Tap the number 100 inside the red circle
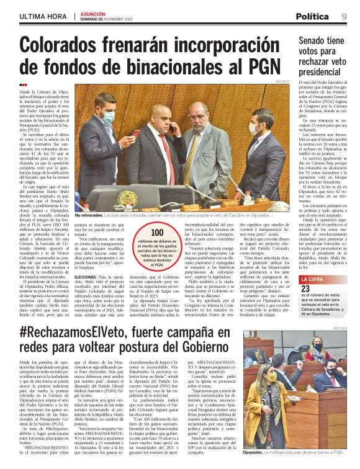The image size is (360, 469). click(140, 233)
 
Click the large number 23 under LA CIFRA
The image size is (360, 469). click(305, 288)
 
